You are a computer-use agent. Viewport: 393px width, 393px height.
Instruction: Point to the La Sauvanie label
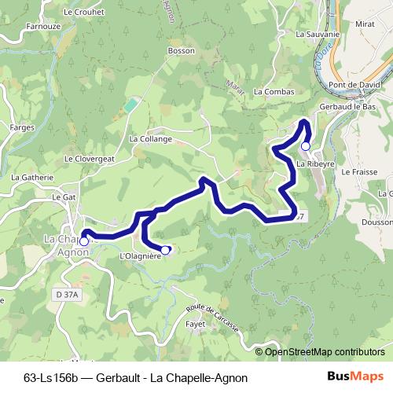click(x=318, y=35)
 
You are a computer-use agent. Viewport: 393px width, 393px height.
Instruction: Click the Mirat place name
click(x=365, y=25)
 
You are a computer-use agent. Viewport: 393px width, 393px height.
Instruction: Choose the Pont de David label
click(x=354, y=84)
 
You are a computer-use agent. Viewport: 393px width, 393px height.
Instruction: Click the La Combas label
click(x=274, y=91)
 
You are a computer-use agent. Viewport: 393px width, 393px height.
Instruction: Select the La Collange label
click(x=150, y=139)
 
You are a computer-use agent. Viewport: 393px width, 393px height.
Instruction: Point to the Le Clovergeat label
click(x=90, y=158)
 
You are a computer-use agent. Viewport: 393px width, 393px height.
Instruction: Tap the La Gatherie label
click(x=31, y=178)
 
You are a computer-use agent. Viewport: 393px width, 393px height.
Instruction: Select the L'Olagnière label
click(x=140, y=256)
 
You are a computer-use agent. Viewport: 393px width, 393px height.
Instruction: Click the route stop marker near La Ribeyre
click(x=306, y=145)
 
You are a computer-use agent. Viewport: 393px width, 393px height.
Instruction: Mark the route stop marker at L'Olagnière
click(x=166, y=250)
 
